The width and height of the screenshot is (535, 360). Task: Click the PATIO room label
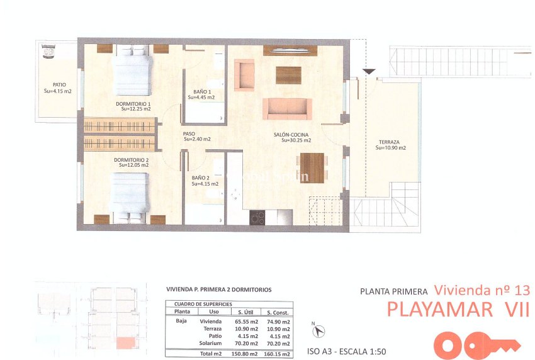coord(60,85)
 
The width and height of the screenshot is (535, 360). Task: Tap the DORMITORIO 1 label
coord(133,103)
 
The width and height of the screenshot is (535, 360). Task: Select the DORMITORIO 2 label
coord(131,160)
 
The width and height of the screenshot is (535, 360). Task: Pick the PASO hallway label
coord(189,133)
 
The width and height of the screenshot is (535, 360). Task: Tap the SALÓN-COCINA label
coord(290,135)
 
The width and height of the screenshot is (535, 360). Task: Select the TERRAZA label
coord(390,142)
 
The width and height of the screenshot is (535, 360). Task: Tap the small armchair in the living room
coord(244,74)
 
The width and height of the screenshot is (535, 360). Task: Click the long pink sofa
coord(287,108)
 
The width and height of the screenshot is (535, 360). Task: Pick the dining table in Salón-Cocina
coord(312,167)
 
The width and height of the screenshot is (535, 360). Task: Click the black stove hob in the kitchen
coord(257,217)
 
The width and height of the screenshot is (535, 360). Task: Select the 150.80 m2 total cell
coord(244,354)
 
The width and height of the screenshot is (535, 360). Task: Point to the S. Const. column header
coord(278,312)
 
